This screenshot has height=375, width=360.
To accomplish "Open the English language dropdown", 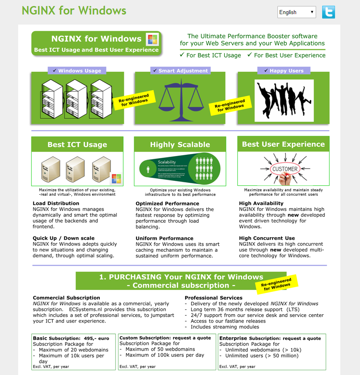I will point(296,12).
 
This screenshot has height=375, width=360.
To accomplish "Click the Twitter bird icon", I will point(328,12).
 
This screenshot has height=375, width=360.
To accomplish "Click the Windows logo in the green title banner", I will point(152,39).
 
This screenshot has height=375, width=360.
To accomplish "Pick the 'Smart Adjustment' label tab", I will point(180,70).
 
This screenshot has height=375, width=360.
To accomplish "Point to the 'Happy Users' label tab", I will point(283,70).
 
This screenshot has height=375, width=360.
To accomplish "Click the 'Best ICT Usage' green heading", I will point(77,145).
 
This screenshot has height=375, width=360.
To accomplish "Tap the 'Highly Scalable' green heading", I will point(180,145).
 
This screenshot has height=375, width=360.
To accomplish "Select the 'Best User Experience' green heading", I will point(283,144).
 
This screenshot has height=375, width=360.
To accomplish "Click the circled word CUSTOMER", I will point(285,169).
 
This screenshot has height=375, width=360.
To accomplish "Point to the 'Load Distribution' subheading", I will point(56,203).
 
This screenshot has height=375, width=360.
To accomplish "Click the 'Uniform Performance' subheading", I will point(164,238).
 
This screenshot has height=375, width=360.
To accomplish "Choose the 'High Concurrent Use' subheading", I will point(267,238).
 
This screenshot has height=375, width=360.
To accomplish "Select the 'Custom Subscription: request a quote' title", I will point(165,338).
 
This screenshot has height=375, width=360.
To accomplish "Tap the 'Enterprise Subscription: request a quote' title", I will point(270,338).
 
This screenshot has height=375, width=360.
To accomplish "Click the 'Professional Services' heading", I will point(213,298).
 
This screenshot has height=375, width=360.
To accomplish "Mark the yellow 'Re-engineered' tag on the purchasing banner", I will point(277,284).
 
